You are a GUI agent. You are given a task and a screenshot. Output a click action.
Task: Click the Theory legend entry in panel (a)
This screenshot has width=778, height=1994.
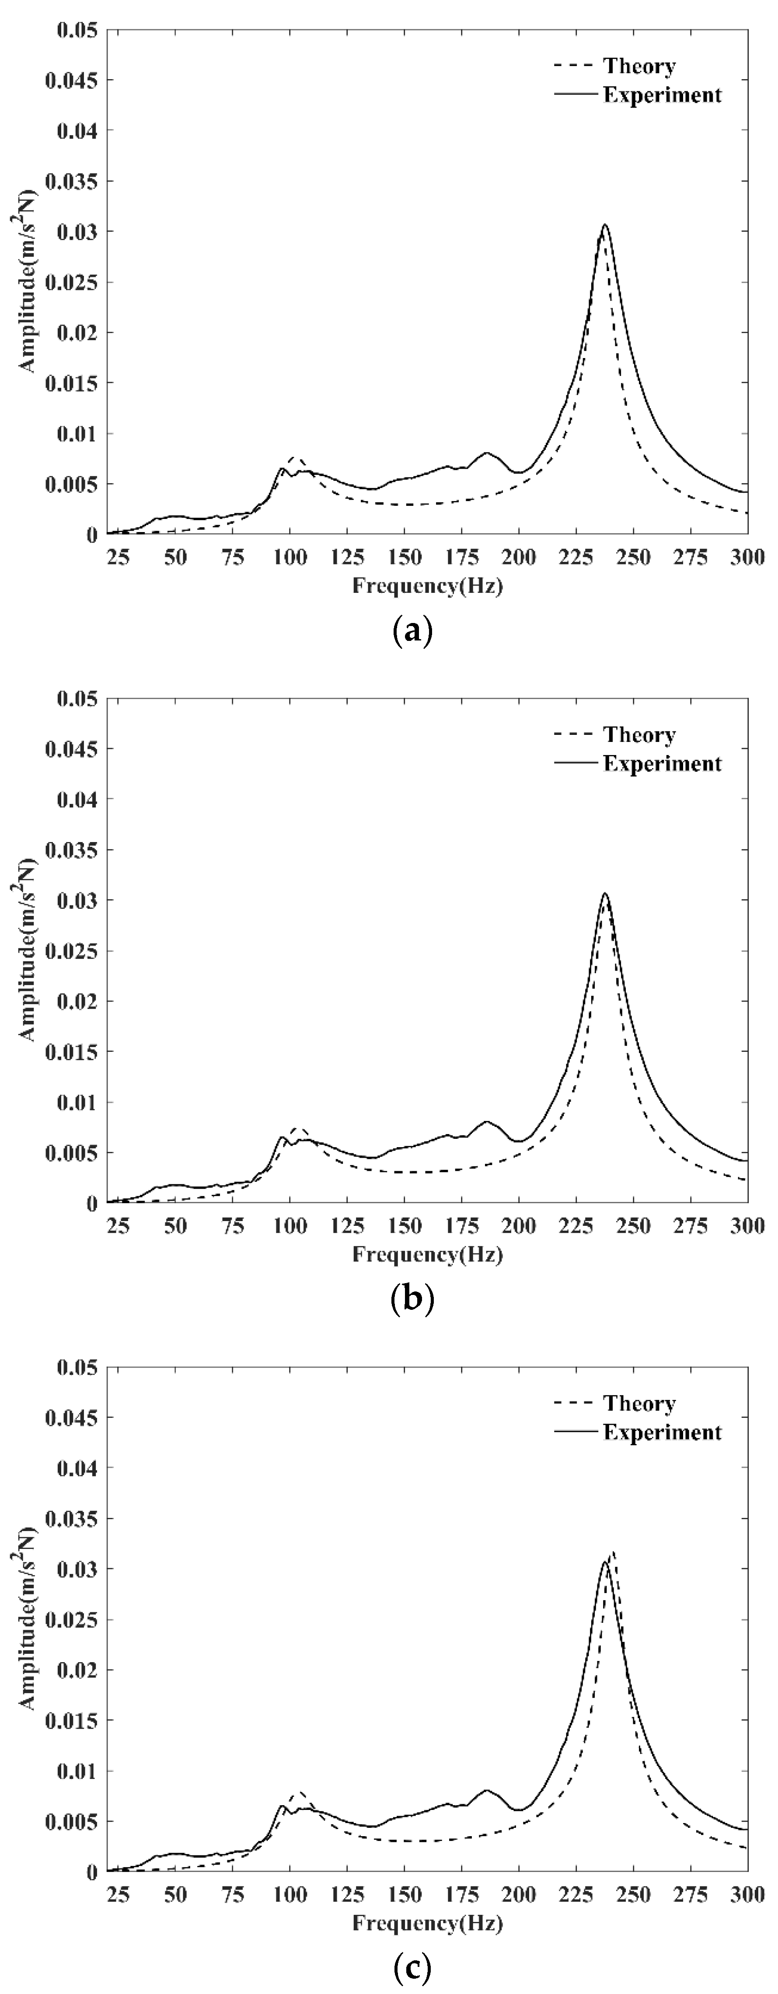click(x=638, y=66)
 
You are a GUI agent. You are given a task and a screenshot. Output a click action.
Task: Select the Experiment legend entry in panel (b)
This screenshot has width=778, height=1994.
click(x=661, y=764)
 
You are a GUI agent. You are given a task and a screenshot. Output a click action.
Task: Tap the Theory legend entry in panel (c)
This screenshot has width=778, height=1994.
click(x=638, y=1403)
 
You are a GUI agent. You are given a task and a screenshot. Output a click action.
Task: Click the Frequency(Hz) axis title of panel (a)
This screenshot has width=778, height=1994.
click(x=427, y=586)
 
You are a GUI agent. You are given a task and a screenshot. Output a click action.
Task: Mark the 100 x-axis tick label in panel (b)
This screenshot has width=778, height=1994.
click(x=290, y=1226)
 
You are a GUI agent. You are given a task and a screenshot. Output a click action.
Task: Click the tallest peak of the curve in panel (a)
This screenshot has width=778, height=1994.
click(x=604, y=225)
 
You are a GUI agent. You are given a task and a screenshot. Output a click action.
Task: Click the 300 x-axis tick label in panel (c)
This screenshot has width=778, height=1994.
click(x=748, y=1895)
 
